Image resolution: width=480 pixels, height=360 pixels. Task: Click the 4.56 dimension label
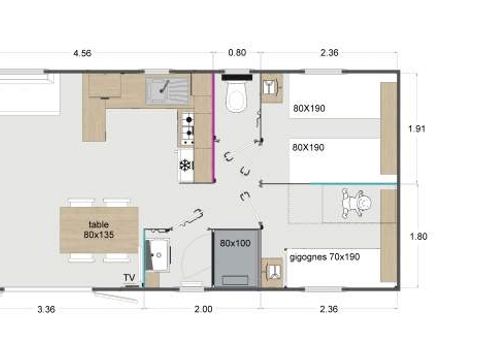[x=82, y=53]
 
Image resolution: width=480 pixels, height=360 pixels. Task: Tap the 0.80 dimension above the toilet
[x=237, y=52]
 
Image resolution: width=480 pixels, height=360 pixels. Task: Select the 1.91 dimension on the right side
[x=417, y=129]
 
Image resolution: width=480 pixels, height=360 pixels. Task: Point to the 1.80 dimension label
[x=418, y=236]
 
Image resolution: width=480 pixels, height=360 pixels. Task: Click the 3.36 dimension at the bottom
[x=46, y=309]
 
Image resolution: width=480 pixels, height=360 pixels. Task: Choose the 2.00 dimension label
[x=203, y=309]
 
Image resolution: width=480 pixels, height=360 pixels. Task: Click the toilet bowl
[x=237, y=96]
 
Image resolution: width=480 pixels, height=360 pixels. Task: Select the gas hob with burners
[x=188, y=129]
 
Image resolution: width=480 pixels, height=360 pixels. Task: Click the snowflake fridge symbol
[x=186, y=165]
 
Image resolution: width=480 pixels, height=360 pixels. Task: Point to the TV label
[x=129, y=278]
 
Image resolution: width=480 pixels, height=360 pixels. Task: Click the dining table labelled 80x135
[x=99, y=230]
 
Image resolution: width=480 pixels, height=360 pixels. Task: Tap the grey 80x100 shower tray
[x=236, y=258]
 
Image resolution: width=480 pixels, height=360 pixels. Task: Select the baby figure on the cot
[x=356, y=203]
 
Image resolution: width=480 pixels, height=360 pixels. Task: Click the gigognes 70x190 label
[x=325, y=257]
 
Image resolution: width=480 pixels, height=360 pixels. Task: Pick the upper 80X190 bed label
[x=309, y=108]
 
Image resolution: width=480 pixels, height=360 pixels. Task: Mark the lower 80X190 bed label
[x=308, y=147]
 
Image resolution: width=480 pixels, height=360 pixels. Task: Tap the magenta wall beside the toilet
[x=213, y=127]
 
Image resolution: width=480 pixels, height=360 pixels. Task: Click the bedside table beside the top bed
[x=272, y=88]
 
